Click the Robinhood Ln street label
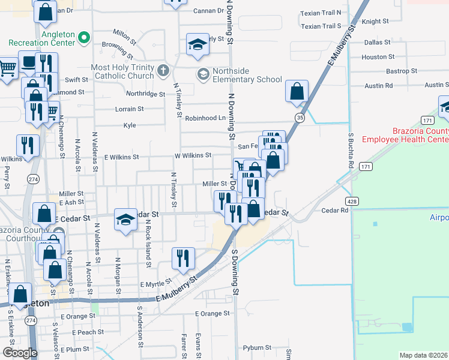click(x=205, y=118)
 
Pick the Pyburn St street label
click(x=258, y=347)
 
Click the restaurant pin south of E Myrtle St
click(x=183, y=258)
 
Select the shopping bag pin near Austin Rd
click(x=297, y=92)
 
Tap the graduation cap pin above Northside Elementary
click(x=197, y=45)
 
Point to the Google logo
click(x=20, y=352)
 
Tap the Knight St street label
click(x=376, y=21)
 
